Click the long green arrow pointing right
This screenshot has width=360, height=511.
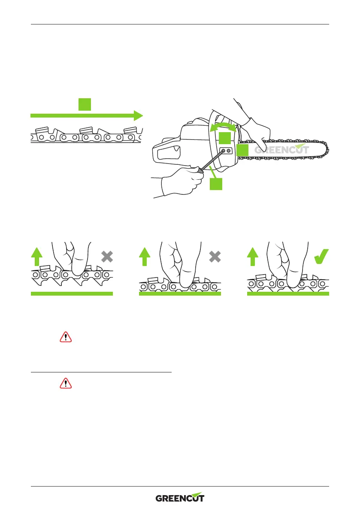pos(86,115)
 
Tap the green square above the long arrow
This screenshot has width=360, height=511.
pos(85,104)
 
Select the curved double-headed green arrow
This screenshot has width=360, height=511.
pos(223,126)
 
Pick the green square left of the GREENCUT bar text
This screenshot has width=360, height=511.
pos(242,150)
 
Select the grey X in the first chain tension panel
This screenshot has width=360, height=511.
pos(107,257)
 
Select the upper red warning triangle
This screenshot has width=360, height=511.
pos(66,337)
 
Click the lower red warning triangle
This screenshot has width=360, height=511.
pos(66,384)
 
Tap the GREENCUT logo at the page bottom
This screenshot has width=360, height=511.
pos(180,498)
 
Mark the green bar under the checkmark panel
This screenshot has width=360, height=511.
pos(288,293)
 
